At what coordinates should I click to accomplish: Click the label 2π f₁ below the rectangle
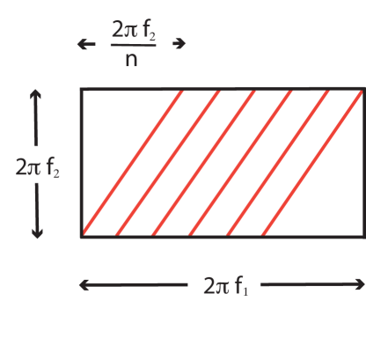tap(224, 285)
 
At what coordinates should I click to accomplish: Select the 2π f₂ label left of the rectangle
tap(38, 165)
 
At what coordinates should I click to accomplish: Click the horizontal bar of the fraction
tap(134, 46)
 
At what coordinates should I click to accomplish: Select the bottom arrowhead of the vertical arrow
tap(37, 235)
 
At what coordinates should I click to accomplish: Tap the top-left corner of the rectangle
tap(82, 89)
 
